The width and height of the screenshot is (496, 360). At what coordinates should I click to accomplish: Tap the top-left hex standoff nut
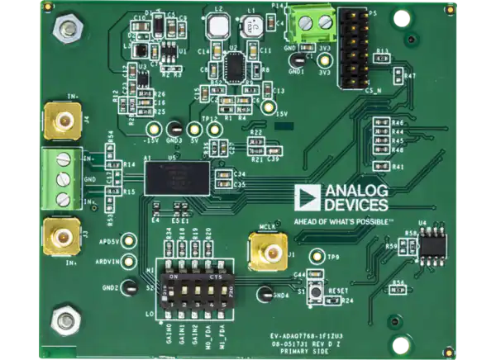[61, 31]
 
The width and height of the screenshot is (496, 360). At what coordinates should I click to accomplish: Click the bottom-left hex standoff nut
[62, 321]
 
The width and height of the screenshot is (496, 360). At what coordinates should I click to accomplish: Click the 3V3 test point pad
[325, 59]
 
